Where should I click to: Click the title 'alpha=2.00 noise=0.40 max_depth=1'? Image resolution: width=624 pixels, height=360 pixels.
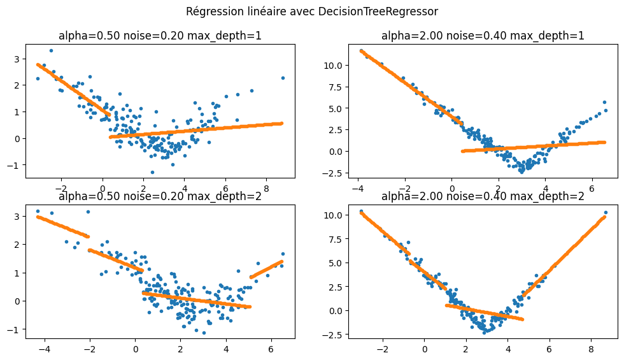coord(483,36)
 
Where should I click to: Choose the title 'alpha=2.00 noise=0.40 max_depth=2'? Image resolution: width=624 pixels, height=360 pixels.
coord(483,196)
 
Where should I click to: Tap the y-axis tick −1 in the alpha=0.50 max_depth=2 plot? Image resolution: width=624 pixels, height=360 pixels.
coord(20,329)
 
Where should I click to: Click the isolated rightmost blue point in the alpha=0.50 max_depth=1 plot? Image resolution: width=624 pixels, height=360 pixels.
coord(283,78)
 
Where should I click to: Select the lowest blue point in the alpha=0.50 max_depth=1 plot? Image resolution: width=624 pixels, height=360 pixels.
coord(152,172)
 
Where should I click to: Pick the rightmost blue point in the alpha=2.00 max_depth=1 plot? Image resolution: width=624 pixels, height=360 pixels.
coord(605,102)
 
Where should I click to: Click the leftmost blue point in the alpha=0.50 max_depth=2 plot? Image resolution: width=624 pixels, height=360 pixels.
coord(38,211)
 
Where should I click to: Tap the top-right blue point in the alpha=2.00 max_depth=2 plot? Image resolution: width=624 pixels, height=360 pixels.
coord(606,212)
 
